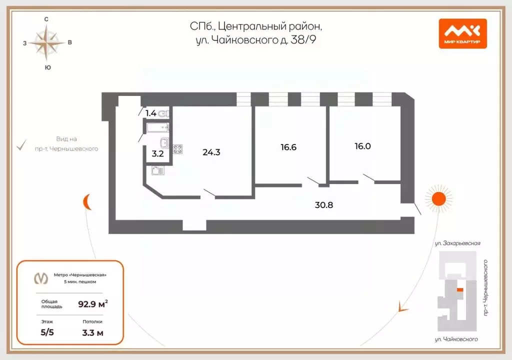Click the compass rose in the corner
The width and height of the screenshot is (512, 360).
tap(46, 43)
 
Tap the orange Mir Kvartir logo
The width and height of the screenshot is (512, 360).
tap(462, 33)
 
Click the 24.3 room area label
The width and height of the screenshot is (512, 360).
tap(211, 152)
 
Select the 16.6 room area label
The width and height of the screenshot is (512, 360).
tap(288, 147)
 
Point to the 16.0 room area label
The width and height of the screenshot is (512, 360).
tap(363, 146)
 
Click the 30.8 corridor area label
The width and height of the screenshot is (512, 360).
tap(324, 205)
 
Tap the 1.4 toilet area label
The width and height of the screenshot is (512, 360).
tap(151, 113)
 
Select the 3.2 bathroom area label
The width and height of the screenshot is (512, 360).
tap(157, 153)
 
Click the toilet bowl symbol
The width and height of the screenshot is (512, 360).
tap(163, 113)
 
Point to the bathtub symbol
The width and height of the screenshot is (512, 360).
tap(157, 127)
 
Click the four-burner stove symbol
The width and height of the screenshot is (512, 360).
tap(177, 149)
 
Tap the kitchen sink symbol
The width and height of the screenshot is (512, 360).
tap(157, 170)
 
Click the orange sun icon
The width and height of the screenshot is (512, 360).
tap(438, 198)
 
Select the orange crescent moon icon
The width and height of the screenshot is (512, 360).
tap(87, 202)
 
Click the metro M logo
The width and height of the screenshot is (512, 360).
tap(41, 278)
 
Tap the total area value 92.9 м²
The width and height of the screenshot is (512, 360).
tap(93, 304)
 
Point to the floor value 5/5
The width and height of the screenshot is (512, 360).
tap(47, 332)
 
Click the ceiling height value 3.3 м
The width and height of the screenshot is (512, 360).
tap(92, 332)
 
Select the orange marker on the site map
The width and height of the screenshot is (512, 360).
tap(460, 290)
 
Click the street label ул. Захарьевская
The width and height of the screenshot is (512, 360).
tap(457, 243)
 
